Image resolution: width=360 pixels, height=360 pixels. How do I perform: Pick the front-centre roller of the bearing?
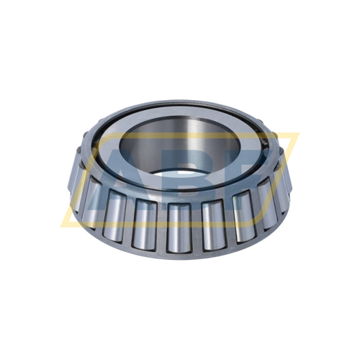[178, 226]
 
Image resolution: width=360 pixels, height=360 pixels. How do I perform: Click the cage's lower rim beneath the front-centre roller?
[178, 251]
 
